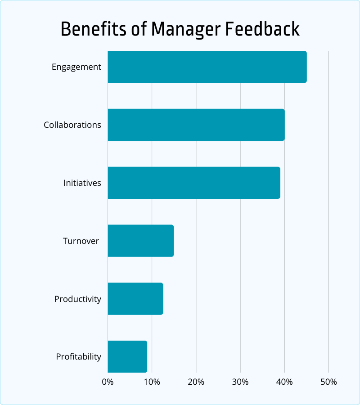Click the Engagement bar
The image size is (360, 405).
click(207, 67)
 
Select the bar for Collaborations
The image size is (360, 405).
click(196, 125)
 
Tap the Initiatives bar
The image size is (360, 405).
click(193, 183)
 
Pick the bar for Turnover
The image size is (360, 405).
click(140, 241)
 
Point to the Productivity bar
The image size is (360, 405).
click(135, 299)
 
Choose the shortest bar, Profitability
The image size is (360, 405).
click(127, 356)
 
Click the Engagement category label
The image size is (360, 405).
click(76, 67)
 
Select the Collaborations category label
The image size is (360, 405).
click(72, 125)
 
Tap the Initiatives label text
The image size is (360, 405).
click(82, 183)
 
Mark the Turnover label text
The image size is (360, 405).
click(81, 241)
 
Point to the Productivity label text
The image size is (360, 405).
click(78, 299)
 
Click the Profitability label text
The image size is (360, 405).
click(79, 357)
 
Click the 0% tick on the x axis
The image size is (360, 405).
click(108, 382)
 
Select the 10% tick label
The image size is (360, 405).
click(152, 382)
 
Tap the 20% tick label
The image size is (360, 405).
click(196, 382)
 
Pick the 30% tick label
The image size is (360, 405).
click(240, 382)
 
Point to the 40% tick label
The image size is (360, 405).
click(284, 382)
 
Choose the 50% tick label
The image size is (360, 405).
click(328, 382)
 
